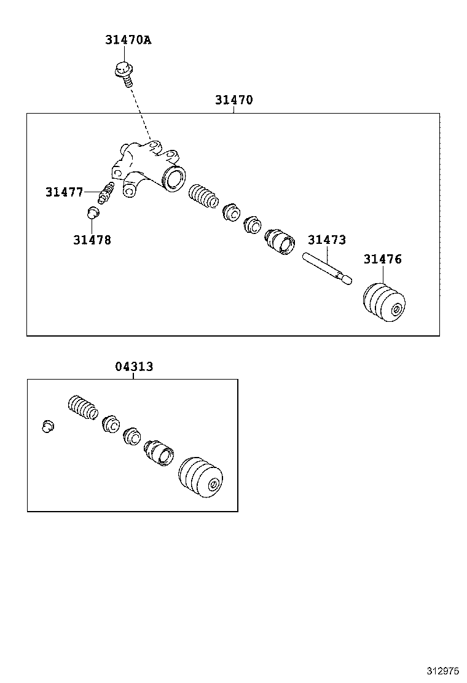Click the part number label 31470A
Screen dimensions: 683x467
pyautogui.click(x=128, y=41)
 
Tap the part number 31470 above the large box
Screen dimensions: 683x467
pyautogui.click(x=233, y=100)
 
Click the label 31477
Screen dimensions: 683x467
pyautogui.click(x=64, y=192)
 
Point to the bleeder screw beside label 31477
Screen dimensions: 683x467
pyautogui.click(x=107, y=192)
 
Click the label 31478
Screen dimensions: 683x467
pyautogui.click(x=92, y=240)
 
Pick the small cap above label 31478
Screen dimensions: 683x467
pyautogui.click(x=92, y=213)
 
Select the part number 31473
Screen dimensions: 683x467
pyautogui.click(x=326, y=240)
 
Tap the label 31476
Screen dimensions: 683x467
pyautogui.click(x=382, y=259)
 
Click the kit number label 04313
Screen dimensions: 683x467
pyautogui.click(x=134, y=367)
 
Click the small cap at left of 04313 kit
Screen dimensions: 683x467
pyautogui.click(x=48, y=426)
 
